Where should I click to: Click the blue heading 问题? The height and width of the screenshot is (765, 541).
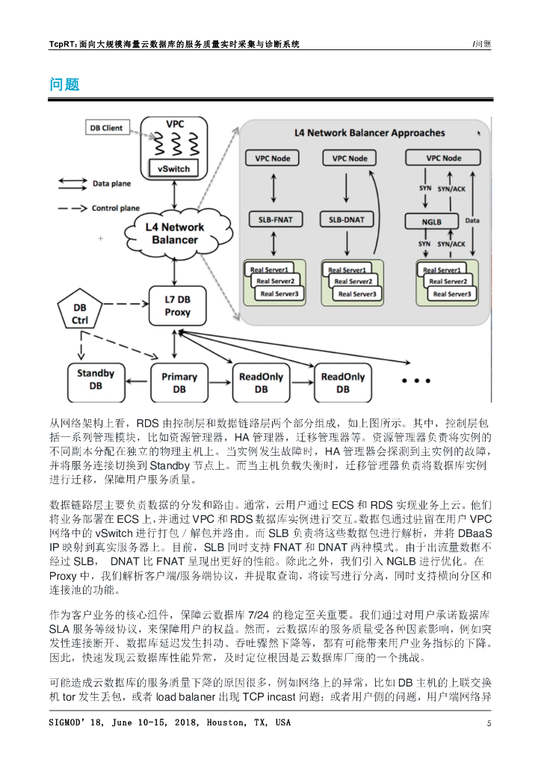[x=64, y=84]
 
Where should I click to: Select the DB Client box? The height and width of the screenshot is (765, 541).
[x=106, y=128]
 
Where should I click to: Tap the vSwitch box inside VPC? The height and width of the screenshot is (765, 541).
[x=173, y=169]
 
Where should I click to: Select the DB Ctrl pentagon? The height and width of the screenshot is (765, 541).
[x=80, y=315]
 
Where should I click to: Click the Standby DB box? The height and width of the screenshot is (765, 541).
[x=96, y=379]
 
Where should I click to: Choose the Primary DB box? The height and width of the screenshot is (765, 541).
[x=179, y=382]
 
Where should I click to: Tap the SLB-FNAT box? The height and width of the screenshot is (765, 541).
[x=273, y=220]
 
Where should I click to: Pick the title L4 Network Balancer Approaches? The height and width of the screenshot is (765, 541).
[x=369, y=133]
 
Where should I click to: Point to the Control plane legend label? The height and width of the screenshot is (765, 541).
[x=117, y=208]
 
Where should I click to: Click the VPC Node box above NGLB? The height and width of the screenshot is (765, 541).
[x=443, y=158]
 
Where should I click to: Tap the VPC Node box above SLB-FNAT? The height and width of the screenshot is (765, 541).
[x=273, y=158]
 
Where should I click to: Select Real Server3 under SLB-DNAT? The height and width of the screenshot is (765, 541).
[x=356, y=294]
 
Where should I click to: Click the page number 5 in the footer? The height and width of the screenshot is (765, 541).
[x=489, y=723]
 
